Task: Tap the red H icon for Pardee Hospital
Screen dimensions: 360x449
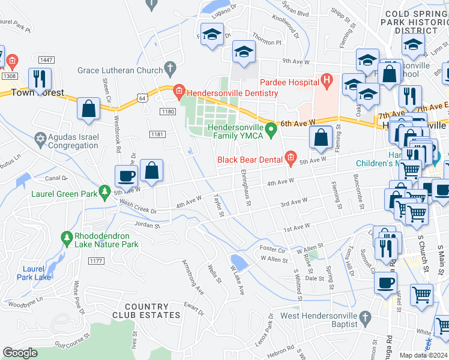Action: coord(327,79)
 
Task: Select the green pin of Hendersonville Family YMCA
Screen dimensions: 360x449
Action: coord(271,128)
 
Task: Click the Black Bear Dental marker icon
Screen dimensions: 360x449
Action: coord(291,158)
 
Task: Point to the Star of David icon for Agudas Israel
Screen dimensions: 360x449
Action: coord(40,139)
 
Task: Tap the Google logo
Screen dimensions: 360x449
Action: coord(20,353)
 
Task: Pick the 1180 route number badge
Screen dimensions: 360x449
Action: coord(168,111)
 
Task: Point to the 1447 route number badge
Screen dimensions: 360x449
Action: coord(46,59)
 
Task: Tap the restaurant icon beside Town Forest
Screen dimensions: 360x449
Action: coord(40,79)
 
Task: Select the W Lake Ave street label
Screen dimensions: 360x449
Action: coord(236,280)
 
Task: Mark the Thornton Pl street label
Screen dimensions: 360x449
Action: coord(266,43)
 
